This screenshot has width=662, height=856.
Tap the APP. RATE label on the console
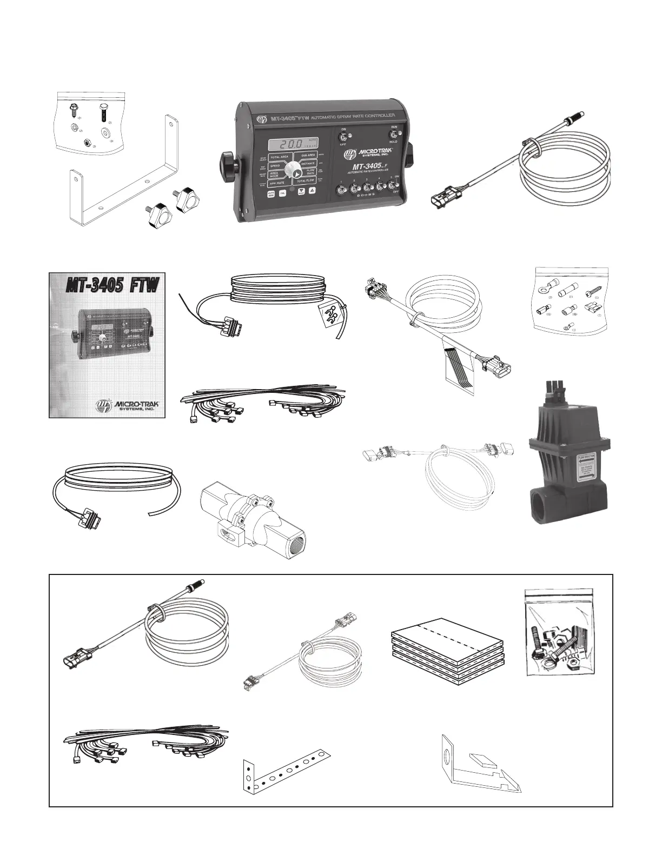[x=277, y=183]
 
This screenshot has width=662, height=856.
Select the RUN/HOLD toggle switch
[x=393, y=135]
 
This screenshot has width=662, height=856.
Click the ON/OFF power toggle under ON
[x=343, y=135]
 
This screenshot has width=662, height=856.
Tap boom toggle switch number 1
[x=341, y=189]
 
